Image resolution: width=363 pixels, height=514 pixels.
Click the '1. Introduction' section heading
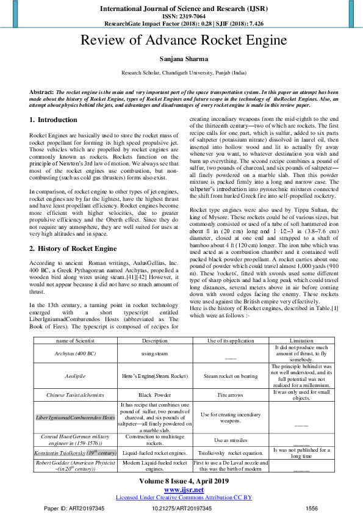(x=54, y=120)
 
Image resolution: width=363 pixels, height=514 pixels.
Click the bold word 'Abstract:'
(x=41, y=92)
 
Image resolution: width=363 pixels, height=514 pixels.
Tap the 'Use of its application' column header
(x=230, y=340)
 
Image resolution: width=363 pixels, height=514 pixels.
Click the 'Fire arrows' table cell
(x=230, y=395)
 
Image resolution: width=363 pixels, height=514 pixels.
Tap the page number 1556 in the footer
(x=311, y=508)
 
